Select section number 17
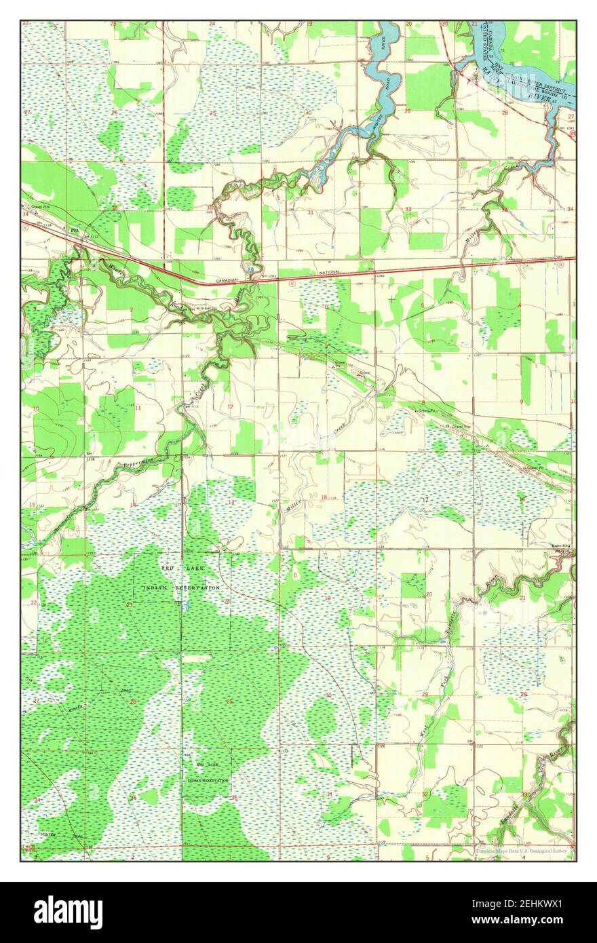(x=425, y=499)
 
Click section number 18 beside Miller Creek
(x=324, y=497)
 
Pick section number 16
(x=521, y=499)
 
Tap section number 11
(x=138, y=408)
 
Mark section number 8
(x=423, y=403)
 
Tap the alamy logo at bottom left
(x=68, y=912)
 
